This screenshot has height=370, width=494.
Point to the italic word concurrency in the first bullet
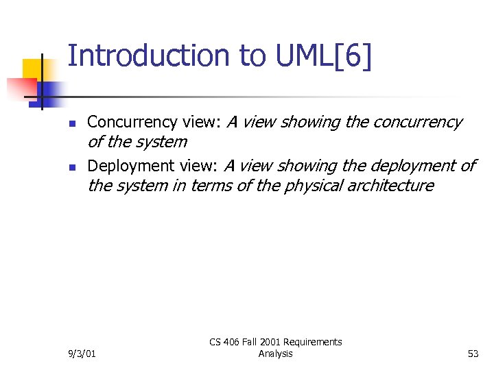coord(417,123)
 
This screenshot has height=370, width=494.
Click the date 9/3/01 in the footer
coord(82,354)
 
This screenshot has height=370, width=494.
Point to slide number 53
coord(472,354)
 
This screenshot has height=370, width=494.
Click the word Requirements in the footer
coord(313,342)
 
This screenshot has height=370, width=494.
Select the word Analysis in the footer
coord(275,354)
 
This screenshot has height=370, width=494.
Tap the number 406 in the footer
coord(233,342)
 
